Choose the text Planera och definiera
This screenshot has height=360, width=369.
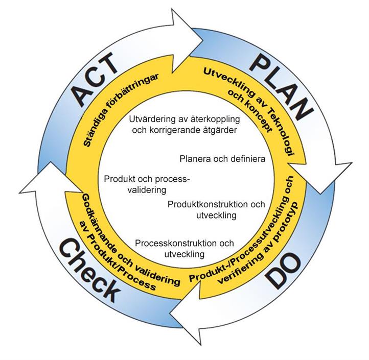coord(222,159)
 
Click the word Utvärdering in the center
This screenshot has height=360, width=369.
coord(151,118)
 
